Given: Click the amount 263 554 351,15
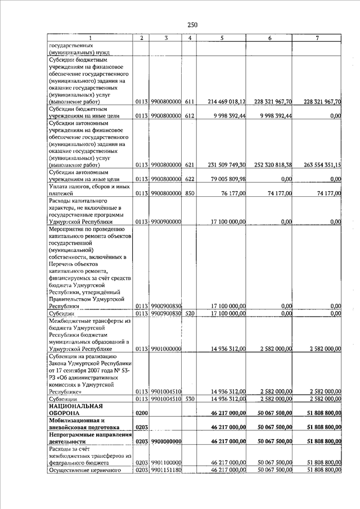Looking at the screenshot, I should pyautogui.click(x=322, y=165).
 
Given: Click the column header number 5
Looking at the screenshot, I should pyautogui.click(x=223, y=38).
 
